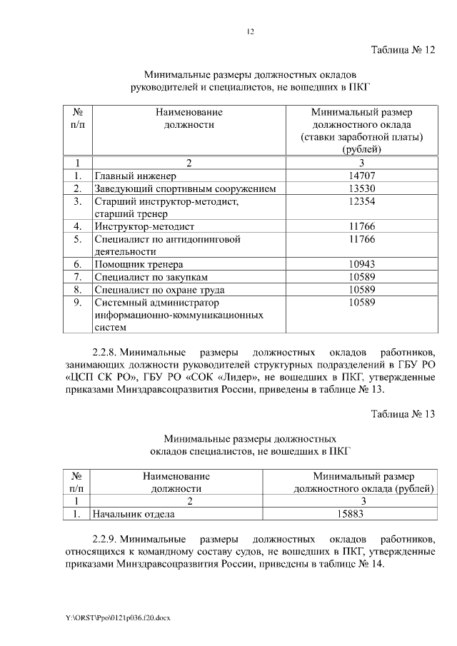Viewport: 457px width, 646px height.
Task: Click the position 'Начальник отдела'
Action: point(133,513)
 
